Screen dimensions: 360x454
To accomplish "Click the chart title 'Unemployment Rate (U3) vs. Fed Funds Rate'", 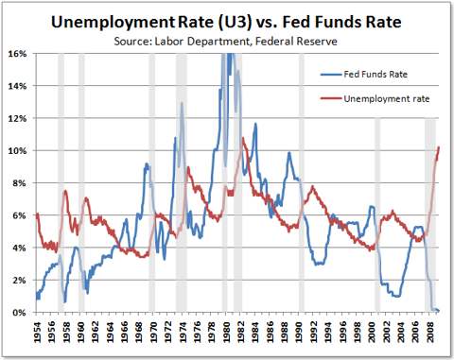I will pyautogui.click(x=227, y=20).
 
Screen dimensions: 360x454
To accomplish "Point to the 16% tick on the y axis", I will pyautogui.click(x=18, y=53).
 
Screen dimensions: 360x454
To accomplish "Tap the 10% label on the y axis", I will pyautogui.click(x=18, y=150).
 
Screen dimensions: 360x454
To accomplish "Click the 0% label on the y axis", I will pyautogui.click(x=20, y=312).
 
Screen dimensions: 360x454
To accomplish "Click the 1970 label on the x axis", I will pyautogui.click(x=152, y=333).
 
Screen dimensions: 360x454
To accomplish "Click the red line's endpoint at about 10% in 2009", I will pyautogui.click(x=439, y=147).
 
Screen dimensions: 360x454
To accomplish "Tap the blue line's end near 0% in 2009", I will pyautogui.click(x=439, y=311).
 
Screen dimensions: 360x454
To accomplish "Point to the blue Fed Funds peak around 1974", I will pyautogui.click(x=182, y=103).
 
